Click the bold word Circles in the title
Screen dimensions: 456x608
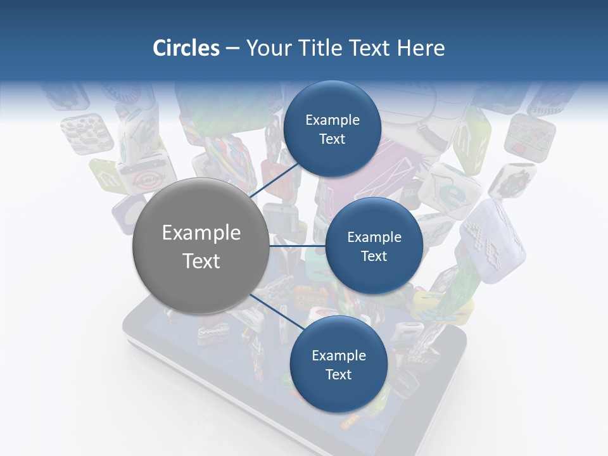pos(186,48)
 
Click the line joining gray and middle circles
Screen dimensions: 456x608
pos(298,246)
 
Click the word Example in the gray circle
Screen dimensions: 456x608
pos(201,233)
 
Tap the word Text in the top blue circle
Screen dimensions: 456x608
pos(332,139)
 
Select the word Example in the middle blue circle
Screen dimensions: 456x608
pos(374,237)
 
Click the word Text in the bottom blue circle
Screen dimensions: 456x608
pos(338,375)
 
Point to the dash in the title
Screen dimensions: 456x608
pos(232,49)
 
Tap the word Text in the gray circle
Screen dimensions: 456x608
pos(201,261)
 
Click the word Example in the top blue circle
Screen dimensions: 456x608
pos(332,120)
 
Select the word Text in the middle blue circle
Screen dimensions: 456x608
pos(374,256)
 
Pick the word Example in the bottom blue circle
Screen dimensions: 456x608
pos(338,356)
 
